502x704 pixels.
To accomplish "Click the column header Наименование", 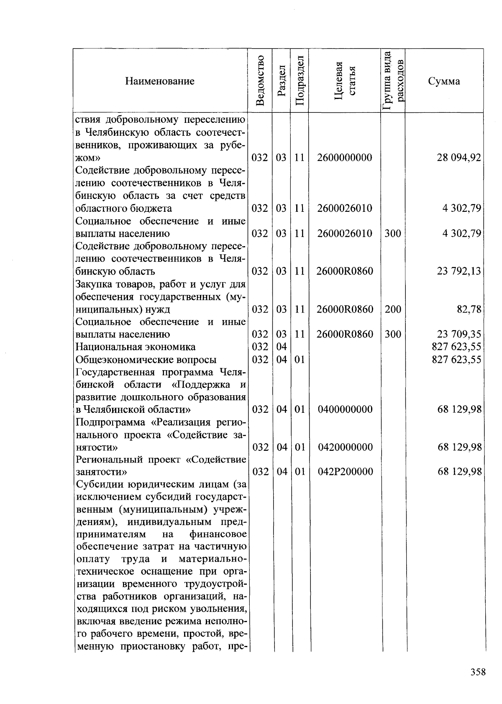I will point(159,81).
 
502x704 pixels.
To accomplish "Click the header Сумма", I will point(444,81).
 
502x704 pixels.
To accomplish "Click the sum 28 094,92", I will point(459,158).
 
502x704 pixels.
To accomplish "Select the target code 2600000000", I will point(344,158).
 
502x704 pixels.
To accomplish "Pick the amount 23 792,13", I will point(459,272).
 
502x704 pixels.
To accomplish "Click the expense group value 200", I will point(393,310).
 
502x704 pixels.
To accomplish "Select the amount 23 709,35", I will point(459,334).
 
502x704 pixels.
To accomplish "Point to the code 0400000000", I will point(345,409).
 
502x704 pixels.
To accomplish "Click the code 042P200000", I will point(345,472).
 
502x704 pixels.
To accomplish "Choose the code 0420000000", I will point(345,447).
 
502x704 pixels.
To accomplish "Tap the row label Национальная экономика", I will point(135,347).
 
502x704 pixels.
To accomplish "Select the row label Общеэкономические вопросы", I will point(146,360).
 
